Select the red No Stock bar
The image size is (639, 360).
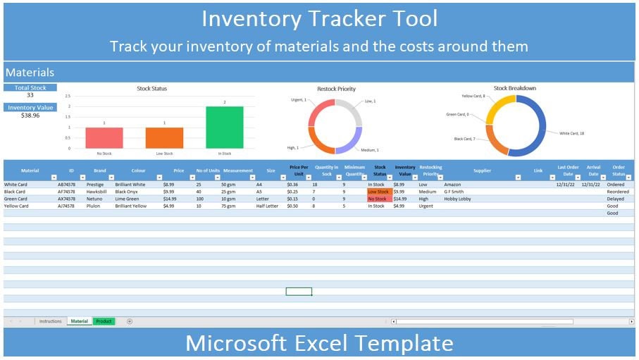coord(104,137)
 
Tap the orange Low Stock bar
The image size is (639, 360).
coord(164,137)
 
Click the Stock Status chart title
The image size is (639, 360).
coord(151,89)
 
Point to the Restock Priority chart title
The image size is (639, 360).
coord(336,89)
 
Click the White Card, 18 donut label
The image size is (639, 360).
coord(571,133)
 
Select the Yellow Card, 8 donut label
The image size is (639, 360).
coord(473,96)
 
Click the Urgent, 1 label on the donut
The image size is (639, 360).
coord(298,100)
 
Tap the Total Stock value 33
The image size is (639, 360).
coord(30,95)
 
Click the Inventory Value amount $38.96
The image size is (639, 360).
coord(30,115)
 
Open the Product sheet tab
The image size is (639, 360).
coord(104,321)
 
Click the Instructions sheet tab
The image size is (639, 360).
coord(50,321)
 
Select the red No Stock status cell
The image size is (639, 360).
coord(378,199)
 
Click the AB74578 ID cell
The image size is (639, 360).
coord(67,185)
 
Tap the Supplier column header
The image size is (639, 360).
coord(482,170)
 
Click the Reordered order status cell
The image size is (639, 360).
coord(617,192)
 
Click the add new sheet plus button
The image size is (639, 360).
coord(130,321)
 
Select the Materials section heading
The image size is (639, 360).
coord(30,72)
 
